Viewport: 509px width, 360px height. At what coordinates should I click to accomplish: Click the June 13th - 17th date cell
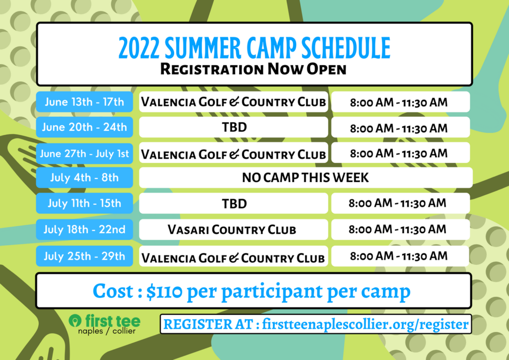(85, 102)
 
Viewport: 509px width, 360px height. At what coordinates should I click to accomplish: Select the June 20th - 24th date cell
(85, 127)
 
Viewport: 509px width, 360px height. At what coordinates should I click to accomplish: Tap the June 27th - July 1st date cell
(85, 153)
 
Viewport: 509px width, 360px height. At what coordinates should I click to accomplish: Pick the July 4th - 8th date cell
(85, 178)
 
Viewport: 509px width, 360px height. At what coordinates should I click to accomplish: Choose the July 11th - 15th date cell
(85, 203)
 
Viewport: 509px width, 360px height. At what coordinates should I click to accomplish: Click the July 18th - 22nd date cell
(85, 230)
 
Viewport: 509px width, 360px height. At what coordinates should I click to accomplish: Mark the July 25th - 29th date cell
(85, 256)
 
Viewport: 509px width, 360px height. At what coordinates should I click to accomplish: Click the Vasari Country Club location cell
(234, 230)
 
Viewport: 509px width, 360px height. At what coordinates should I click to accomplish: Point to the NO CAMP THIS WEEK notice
(306, 178)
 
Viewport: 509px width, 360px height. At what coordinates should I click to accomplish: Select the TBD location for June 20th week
(234, 127)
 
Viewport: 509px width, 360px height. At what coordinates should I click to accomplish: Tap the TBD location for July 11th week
(234, 203)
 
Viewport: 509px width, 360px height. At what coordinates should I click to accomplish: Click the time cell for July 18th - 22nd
(401, 230)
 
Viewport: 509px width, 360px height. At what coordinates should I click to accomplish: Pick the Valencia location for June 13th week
(234, 102)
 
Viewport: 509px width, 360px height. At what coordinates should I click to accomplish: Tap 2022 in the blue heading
(139, 48)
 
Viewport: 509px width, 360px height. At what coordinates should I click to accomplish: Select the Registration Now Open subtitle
(254, 69)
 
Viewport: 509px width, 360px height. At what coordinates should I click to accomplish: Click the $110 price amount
(164, 291)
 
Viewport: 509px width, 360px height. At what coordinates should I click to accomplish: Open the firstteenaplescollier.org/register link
(365, 324)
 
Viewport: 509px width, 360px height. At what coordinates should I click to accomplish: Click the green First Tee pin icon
(75, 321)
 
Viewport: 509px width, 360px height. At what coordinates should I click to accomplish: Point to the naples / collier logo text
(107, 331)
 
